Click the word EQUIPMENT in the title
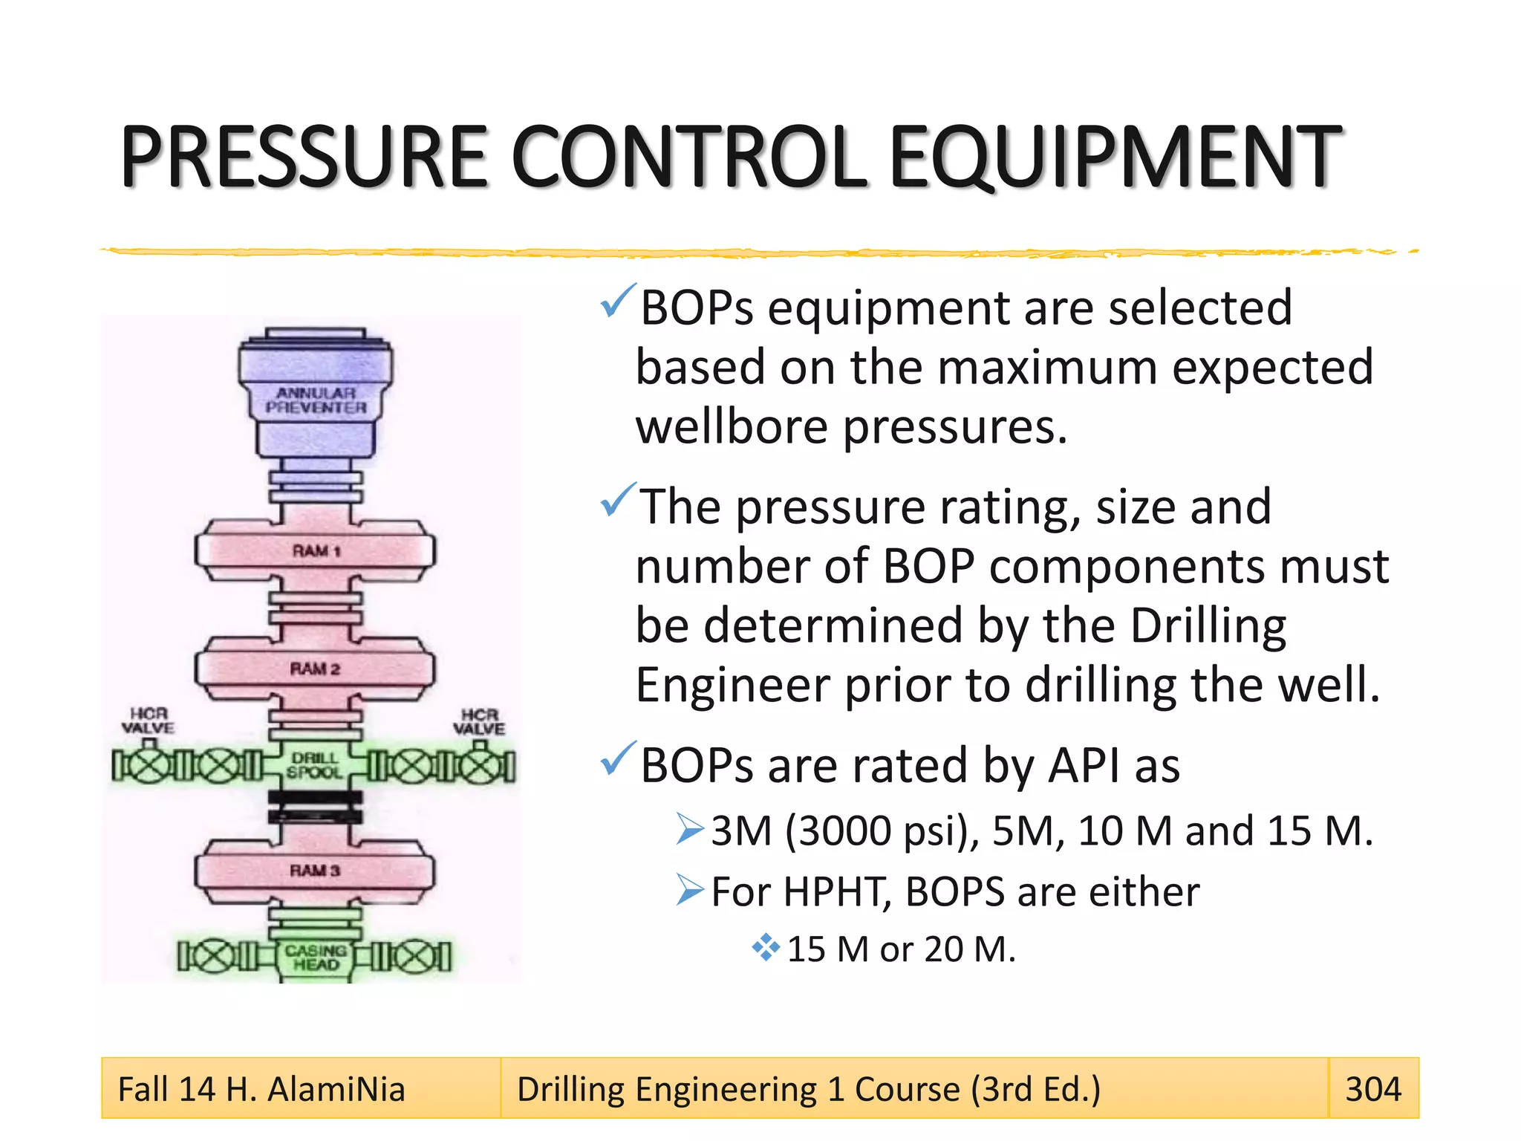pos(1114,157)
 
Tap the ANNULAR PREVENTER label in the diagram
pos(316,400)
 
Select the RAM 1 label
pos(316,551)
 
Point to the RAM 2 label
pos(315,669)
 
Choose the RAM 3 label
pos(315,870)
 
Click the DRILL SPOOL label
pos(315,765)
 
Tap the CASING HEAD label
pos(316,957)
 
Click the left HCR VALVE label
pos(148,721)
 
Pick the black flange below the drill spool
pos(315,806)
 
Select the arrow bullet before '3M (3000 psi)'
pos(689,829)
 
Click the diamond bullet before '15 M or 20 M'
pos(765,948)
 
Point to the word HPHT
pos(836,891)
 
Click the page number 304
pos(1372,1089)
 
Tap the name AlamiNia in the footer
pos(336,1089)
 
